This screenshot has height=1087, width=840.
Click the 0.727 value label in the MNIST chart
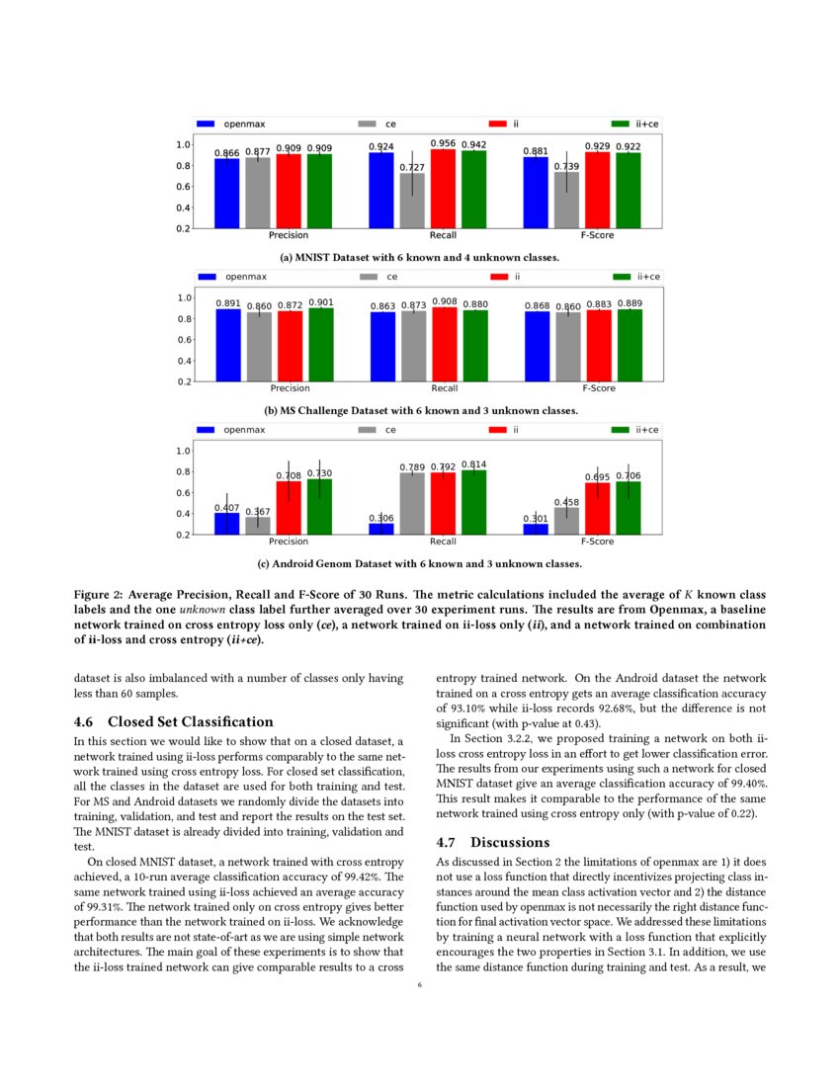(411, 168)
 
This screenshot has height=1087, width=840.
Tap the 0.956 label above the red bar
(443, 143)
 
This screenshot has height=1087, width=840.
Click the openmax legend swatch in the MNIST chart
(206, 125)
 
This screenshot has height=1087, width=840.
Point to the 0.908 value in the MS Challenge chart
(444, 301)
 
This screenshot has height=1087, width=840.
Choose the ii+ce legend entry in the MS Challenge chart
(637, 277)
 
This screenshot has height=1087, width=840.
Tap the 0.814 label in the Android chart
(474, 463)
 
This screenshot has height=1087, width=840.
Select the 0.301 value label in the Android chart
(536, 518)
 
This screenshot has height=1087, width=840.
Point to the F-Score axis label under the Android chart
(598, 542)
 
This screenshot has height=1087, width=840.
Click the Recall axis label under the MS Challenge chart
(444, 388)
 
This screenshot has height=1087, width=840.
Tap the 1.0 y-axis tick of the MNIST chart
(182, 144)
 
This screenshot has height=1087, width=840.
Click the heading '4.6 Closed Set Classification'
(173, 721)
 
